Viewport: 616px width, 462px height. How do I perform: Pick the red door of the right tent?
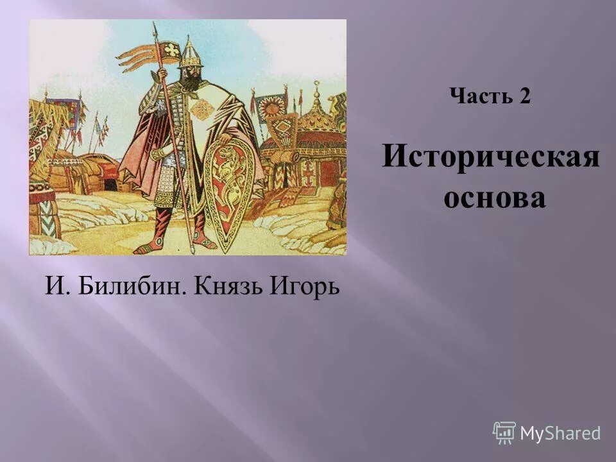(329, 172)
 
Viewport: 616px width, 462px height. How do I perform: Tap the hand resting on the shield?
(224, 139)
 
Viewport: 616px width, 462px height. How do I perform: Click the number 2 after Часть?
(524, 96)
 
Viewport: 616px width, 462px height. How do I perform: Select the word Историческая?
(491, 157)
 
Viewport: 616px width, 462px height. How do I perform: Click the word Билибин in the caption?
(132, 286)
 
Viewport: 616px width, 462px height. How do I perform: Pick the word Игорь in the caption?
(304, 286)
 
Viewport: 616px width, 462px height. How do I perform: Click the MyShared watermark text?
(560, 433)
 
